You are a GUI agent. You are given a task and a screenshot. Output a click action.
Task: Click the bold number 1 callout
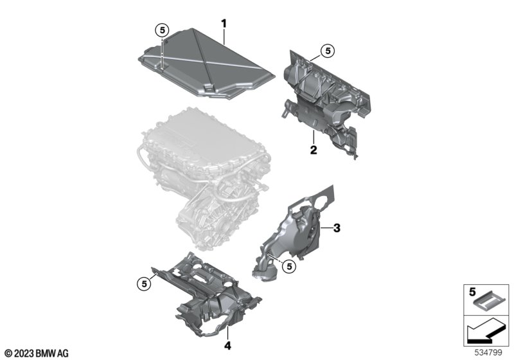pyautogui.click(x=224, y=24)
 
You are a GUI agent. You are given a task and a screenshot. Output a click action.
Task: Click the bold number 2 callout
pyautogui.click(x=314, y=150)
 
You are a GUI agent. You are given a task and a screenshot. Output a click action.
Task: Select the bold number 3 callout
pyautogui.click(x=337, y=228)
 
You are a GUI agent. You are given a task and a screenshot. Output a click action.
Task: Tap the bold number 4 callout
pyautogui.click(x=227, y=345)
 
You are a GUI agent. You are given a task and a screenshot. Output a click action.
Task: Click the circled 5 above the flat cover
pyautogui.click(x=162, y=30)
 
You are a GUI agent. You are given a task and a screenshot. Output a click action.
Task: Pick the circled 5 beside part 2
pyautogui.click(x=328, y=51)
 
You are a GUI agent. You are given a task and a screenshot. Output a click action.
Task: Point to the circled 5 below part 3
pyautogui.click(x=289, y=267)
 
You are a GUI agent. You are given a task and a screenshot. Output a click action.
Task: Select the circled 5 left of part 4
pyautogui.click(x=144, y=284)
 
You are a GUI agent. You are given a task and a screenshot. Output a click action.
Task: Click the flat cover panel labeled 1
pyautogui.click(x=206, y=63)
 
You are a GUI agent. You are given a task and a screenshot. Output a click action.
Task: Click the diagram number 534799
pyautogui.click(x=488, y=353)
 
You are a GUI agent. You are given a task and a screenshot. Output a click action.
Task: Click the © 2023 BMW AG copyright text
pyautogui.click(x=37, y=353)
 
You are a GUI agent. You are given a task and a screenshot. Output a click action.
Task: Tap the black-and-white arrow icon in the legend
pyautogui.click(x=486, y=331)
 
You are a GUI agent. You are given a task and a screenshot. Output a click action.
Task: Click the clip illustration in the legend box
pyautogui.click(x=490, y=301)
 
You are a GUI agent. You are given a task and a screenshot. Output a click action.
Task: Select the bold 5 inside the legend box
pyautogui.click(x=472, y=291)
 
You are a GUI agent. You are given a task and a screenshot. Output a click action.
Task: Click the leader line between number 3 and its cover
pyautogui.click(x=326, y=228)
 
